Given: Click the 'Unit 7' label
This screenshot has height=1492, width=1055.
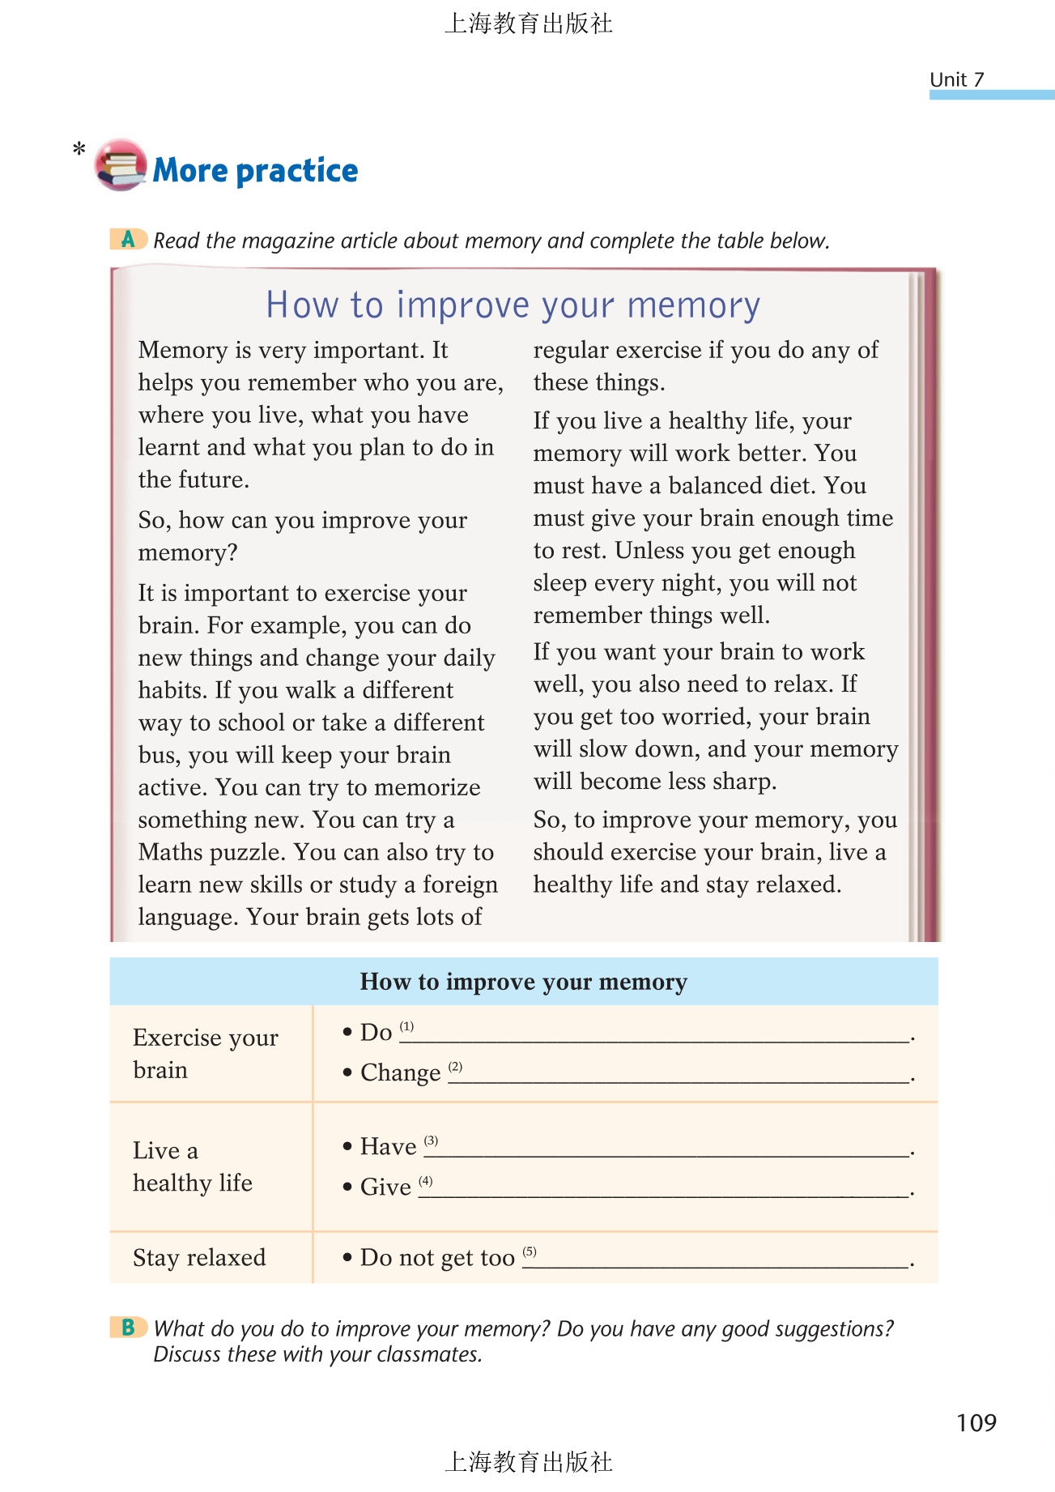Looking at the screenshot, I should tap(956, 79).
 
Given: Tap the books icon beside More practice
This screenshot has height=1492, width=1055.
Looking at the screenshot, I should tap(121, 165).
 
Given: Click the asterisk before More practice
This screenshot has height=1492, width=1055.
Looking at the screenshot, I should tap(79, 149).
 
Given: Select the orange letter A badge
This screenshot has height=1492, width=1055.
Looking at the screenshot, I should tap(128, 239).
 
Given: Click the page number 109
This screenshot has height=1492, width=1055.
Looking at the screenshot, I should tap(976, 1422).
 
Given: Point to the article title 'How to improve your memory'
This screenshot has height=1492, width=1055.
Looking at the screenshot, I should tap(513, 305).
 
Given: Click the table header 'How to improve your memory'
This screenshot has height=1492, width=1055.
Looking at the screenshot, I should tap(523, 982).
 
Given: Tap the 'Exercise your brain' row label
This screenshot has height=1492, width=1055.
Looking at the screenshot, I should tap(205, 1053).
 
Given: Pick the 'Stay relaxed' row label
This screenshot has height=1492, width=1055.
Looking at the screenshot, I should tap(199, 1257).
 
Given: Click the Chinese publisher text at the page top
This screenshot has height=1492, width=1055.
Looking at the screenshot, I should tap(528, 23).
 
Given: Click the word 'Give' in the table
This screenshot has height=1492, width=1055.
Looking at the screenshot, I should tap(385, 1187).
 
